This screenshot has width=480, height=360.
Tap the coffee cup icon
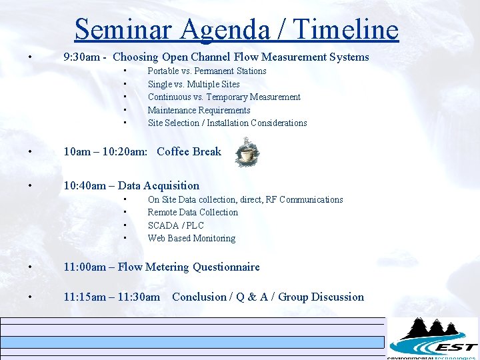pyautogui.click(x=247, y=153)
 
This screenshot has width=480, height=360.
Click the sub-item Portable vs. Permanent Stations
pyautogui.click(x=207, y=71)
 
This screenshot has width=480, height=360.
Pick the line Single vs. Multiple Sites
pyautogui.click(x=193, y=84)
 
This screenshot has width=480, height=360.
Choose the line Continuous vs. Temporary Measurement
pyautogui.click(x=224, y=97)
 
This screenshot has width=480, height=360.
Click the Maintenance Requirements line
pyautogui.click(x=199, y=110)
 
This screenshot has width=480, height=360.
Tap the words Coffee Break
pyautogui.click(x=189, y=152)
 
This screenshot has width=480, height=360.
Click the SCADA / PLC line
pyautogui.click(x=175, y=225)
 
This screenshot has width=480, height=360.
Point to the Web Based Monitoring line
pyautogui.click(x=191, y=238)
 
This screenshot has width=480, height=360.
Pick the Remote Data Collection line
pyautogui.click(x=193, y=212)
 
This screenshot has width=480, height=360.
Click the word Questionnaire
pyautogui.click(x=226, y=267)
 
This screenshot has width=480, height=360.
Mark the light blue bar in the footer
pyautogui.click(x=193, y=342)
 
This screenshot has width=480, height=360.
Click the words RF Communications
pyautogui.click(x=305, y=199)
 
